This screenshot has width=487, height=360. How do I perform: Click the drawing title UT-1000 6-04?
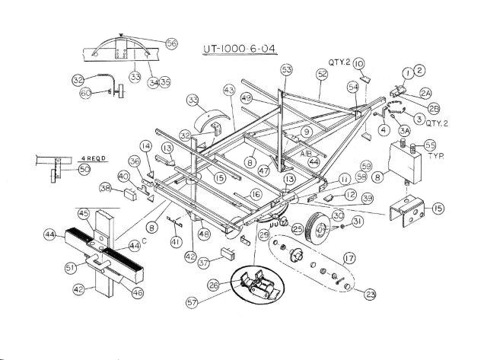coord(239,50)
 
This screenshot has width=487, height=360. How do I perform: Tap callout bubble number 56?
coord(171,44)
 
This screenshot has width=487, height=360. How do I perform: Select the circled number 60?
coord(86,93)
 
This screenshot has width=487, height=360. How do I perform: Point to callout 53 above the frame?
coord(286,69)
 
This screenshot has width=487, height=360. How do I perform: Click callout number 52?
coord(322,74)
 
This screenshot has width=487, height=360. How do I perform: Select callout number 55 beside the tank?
coord(430,145)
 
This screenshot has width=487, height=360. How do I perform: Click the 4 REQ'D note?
coord(94,160)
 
